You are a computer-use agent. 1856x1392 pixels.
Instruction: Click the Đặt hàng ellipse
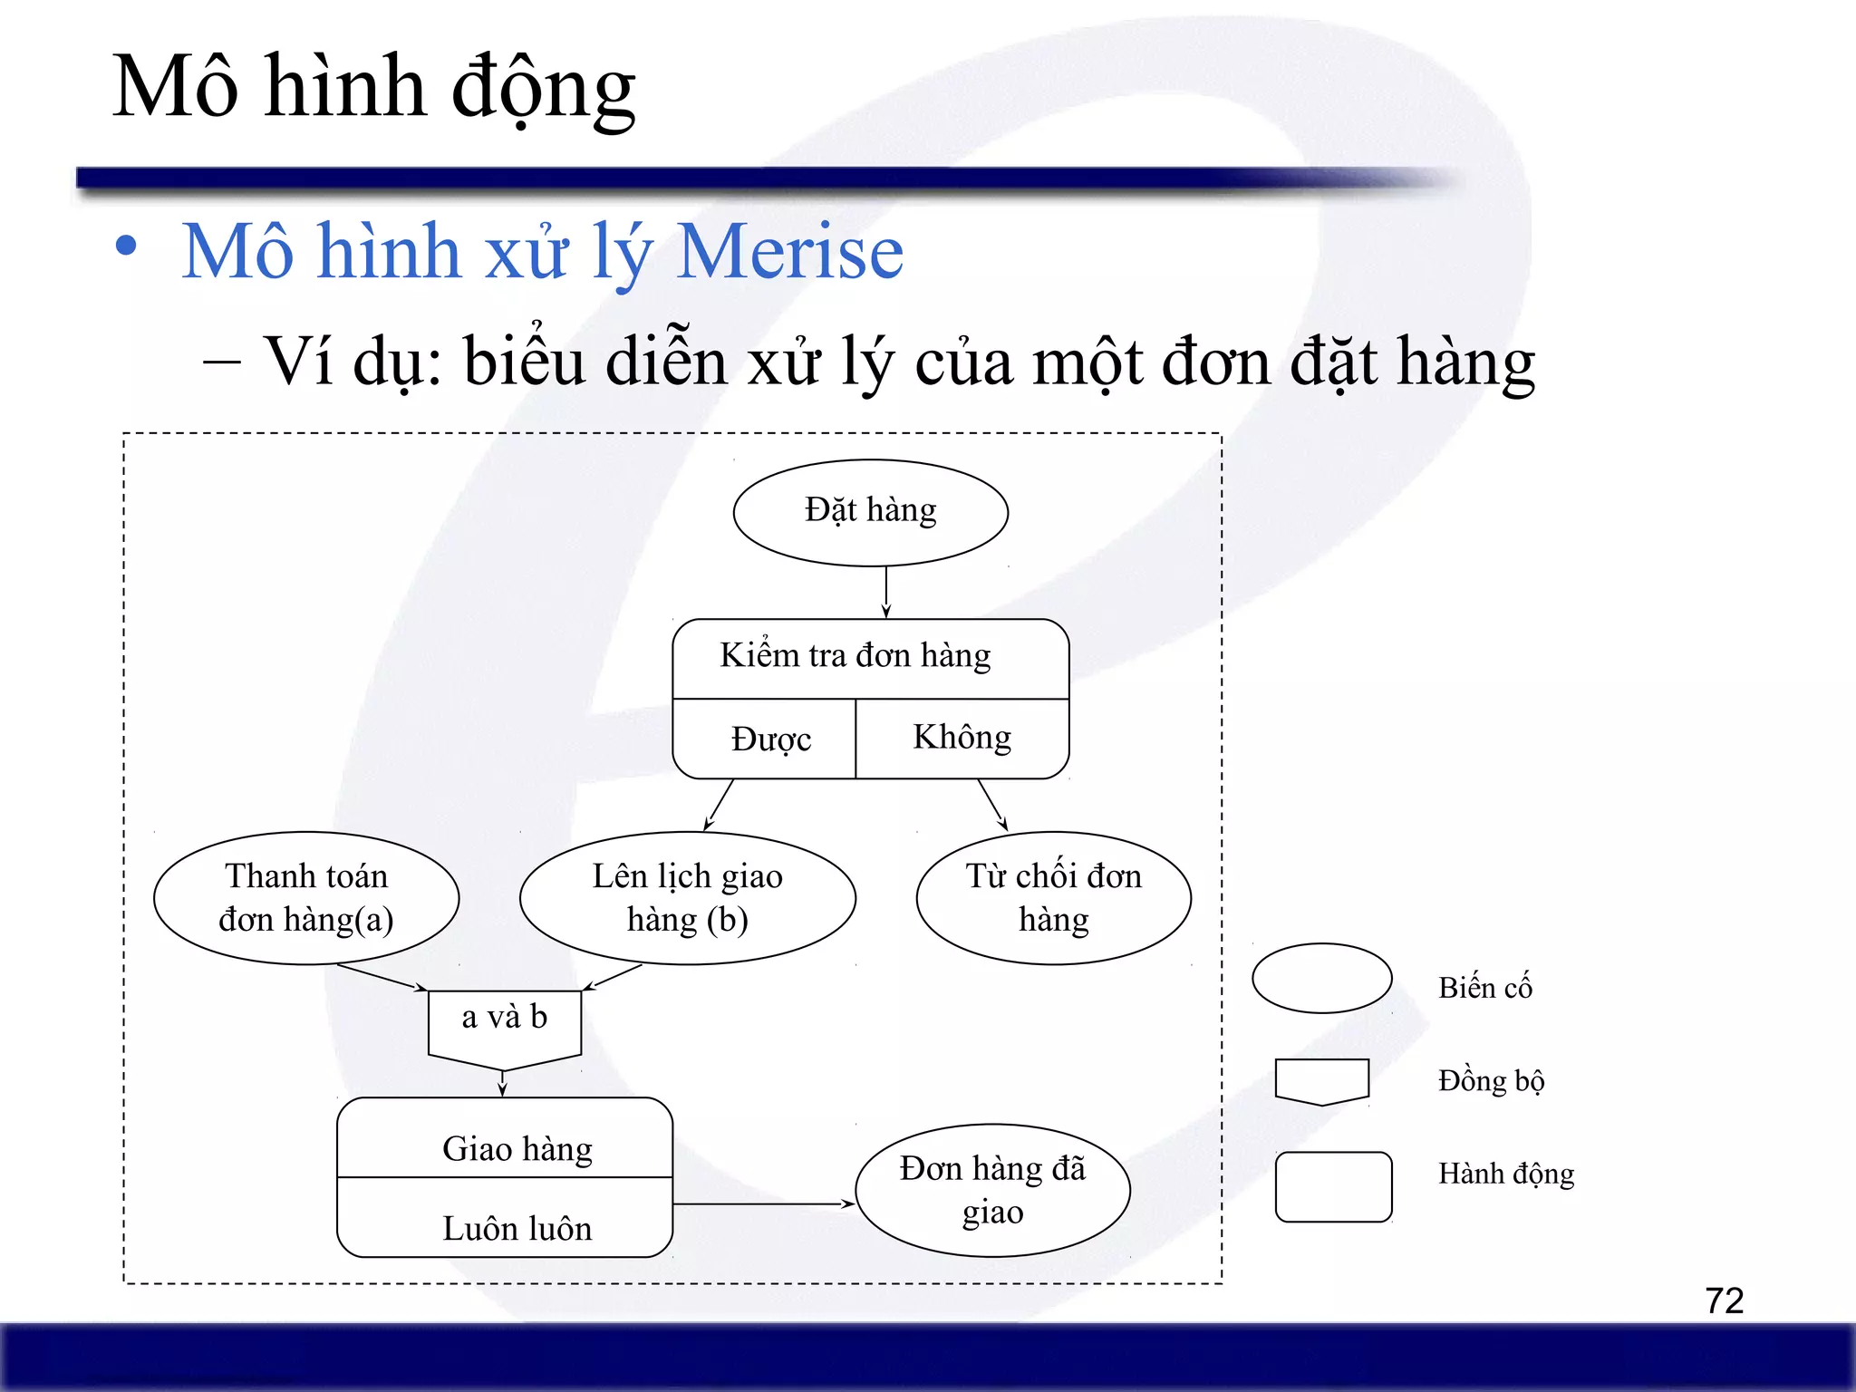[870, 512]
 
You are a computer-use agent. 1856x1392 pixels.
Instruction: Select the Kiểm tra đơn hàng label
[855, 655]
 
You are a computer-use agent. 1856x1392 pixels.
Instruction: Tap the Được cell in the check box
[769, 739]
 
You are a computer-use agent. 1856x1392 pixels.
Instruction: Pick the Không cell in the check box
[962, 737]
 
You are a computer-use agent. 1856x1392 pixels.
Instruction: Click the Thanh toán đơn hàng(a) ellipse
[306, 897]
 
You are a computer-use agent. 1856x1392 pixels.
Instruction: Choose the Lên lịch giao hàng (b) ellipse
[687, 897]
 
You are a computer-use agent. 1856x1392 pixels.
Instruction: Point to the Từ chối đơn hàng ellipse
[1053, 897]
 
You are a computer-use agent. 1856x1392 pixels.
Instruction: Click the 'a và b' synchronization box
[504, 1022]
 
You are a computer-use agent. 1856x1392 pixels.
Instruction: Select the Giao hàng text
[517, 1148]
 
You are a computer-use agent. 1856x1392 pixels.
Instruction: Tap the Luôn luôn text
[517, 1228]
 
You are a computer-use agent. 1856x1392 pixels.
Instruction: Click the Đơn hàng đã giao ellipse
[992, 1190]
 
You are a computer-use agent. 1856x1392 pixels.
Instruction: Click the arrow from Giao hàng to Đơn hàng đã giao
[763, 1203]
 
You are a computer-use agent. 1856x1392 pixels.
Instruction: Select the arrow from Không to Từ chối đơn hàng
[992, 804]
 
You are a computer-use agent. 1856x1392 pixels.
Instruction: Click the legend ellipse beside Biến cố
[1321, 978]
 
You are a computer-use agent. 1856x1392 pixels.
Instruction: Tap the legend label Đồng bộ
[1491, 1080]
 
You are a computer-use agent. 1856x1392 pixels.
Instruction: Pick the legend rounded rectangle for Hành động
[1333, 1186]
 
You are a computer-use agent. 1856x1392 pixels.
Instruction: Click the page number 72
[1724, 1300]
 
